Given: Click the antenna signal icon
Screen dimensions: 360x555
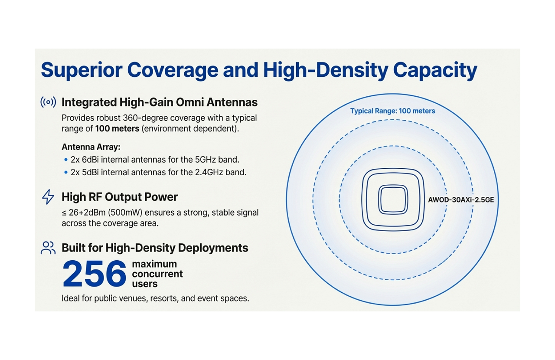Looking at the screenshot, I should coord(48,102).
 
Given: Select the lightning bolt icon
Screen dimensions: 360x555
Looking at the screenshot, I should coord(48,197).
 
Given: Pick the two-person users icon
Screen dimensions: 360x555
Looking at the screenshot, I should coord(48,248).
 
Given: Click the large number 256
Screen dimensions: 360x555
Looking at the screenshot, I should coord(95,274).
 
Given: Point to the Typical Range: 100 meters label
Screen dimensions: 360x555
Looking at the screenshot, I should coord(392,111).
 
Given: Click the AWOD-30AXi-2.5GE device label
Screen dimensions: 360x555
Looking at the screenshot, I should coord(461,200).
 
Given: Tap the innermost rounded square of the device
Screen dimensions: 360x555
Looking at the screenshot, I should coord(392,200).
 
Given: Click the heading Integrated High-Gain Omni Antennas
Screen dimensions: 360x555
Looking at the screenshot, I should coord(160,102).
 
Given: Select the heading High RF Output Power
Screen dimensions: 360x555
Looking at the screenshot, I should coord(120,197).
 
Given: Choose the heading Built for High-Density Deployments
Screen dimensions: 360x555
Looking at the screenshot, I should coord(155,248).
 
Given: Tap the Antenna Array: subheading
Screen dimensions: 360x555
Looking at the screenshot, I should coord(91,147).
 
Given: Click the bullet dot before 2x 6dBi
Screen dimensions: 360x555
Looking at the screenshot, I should coord(66,160).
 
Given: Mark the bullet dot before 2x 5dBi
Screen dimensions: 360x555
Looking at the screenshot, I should coord(66,172).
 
